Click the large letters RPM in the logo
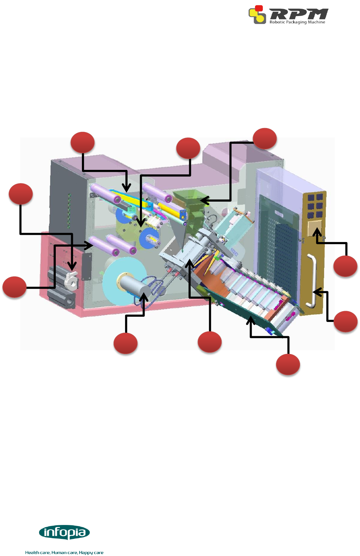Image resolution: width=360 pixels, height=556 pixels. (x=299, y=14)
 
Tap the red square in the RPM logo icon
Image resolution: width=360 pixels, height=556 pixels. (x=259, y=8)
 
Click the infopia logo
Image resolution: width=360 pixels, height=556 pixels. (x=64, y=533)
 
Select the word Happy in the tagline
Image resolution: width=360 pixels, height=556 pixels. (x=85, y=553)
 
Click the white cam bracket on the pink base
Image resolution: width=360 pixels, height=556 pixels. (x=72, y=281)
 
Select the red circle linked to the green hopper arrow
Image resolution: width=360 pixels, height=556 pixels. (x=265, y=139)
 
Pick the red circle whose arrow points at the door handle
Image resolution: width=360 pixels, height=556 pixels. (x=345, y=321)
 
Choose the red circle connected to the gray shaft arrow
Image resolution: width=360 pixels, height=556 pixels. (x=125, y=344)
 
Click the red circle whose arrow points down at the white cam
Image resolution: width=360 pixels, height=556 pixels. (x=21, y=194)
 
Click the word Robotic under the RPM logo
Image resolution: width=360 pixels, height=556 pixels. (x=277, y=22)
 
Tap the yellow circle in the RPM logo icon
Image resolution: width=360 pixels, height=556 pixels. (x=260, y=18)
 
